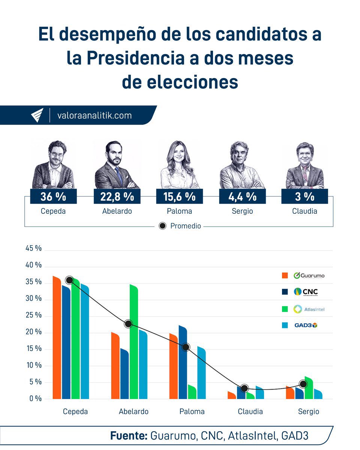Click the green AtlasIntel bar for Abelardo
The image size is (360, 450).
pyautogui.click(x=134, y=341)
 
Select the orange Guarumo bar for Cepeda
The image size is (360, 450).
pyautogui.click(x=57, y=337)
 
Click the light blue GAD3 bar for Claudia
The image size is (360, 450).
pyautogui.click(x=259, y=393)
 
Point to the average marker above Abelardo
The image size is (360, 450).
pyautogui.click(x=128, y=324)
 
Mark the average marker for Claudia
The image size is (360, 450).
pyautogui.click(x=244, y=388)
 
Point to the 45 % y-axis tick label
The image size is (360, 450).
pyautogui.click(x=33, y=249)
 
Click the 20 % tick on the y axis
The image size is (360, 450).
pyautogui.click(x=33, y=332)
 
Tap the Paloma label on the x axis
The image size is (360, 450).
pyautogui.click(x=192, y=411)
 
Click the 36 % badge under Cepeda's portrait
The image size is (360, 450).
pyautogui.click(x=53, y=196)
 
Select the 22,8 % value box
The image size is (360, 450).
pyautogui.click(x=117, y=196)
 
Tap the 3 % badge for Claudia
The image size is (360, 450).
pyautogui.click(x=304, y=196)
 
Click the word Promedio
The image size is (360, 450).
pyautogui.click(x=185, y=226)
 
